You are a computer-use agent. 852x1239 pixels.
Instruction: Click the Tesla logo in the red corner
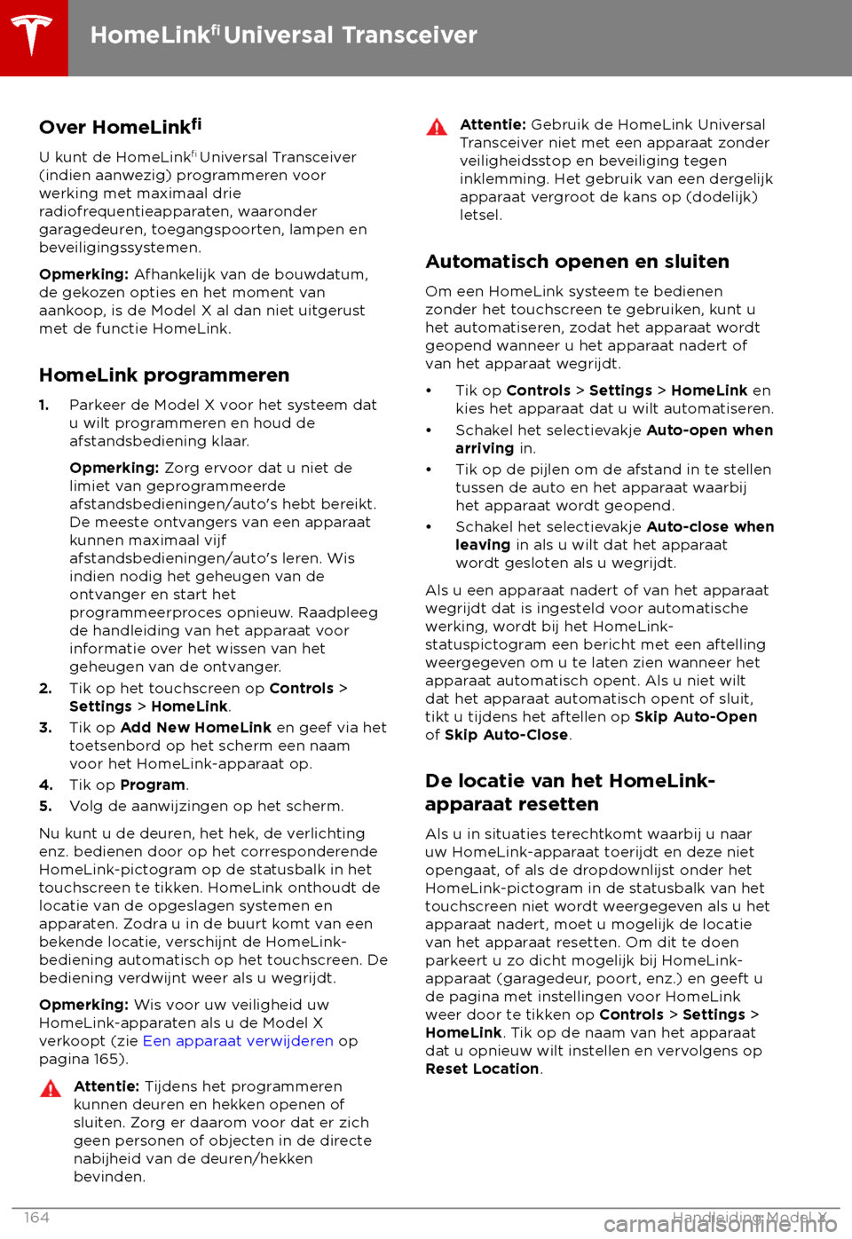point(33,36)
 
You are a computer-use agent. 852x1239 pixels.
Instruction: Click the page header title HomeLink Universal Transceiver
point(284,36)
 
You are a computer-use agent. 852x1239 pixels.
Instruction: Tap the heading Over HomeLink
point(120,126)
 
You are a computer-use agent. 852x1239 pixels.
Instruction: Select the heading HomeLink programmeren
point(164,375)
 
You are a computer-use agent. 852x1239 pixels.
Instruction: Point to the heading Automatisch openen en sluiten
point(577,262)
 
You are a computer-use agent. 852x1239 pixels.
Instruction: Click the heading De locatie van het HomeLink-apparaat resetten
point(570,792)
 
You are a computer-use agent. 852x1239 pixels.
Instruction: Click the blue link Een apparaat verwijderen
point(238,1040)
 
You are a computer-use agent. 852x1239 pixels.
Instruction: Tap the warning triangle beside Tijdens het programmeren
point(51,1088)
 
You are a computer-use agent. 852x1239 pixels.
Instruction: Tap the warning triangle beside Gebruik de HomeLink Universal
point(437,127)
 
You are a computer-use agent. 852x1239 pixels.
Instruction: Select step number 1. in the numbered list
point(44,405)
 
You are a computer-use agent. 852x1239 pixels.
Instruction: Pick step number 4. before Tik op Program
point(45,785)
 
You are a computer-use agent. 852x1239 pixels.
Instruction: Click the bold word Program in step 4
point(153,785)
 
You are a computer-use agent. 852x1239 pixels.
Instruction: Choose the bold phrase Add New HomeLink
point(196,727)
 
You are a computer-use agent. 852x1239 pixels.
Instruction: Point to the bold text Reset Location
point(482,1069)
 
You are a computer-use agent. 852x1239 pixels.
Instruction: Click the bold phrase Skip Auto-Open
point(696,716)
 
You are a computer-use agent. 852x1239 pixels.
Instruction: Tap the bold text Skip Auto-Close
point(506,735)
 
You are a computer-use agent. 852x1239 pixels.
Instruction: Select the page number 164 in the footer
point(36,1217)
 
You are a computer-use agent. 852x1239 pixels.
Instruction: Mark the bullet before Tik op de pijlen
point(429,470)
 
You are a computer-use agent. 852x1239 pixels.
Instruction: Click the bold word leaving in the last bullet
point(483,545)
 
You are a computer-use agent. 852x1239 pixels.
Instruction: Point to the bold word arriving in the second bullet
point(485,448)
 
